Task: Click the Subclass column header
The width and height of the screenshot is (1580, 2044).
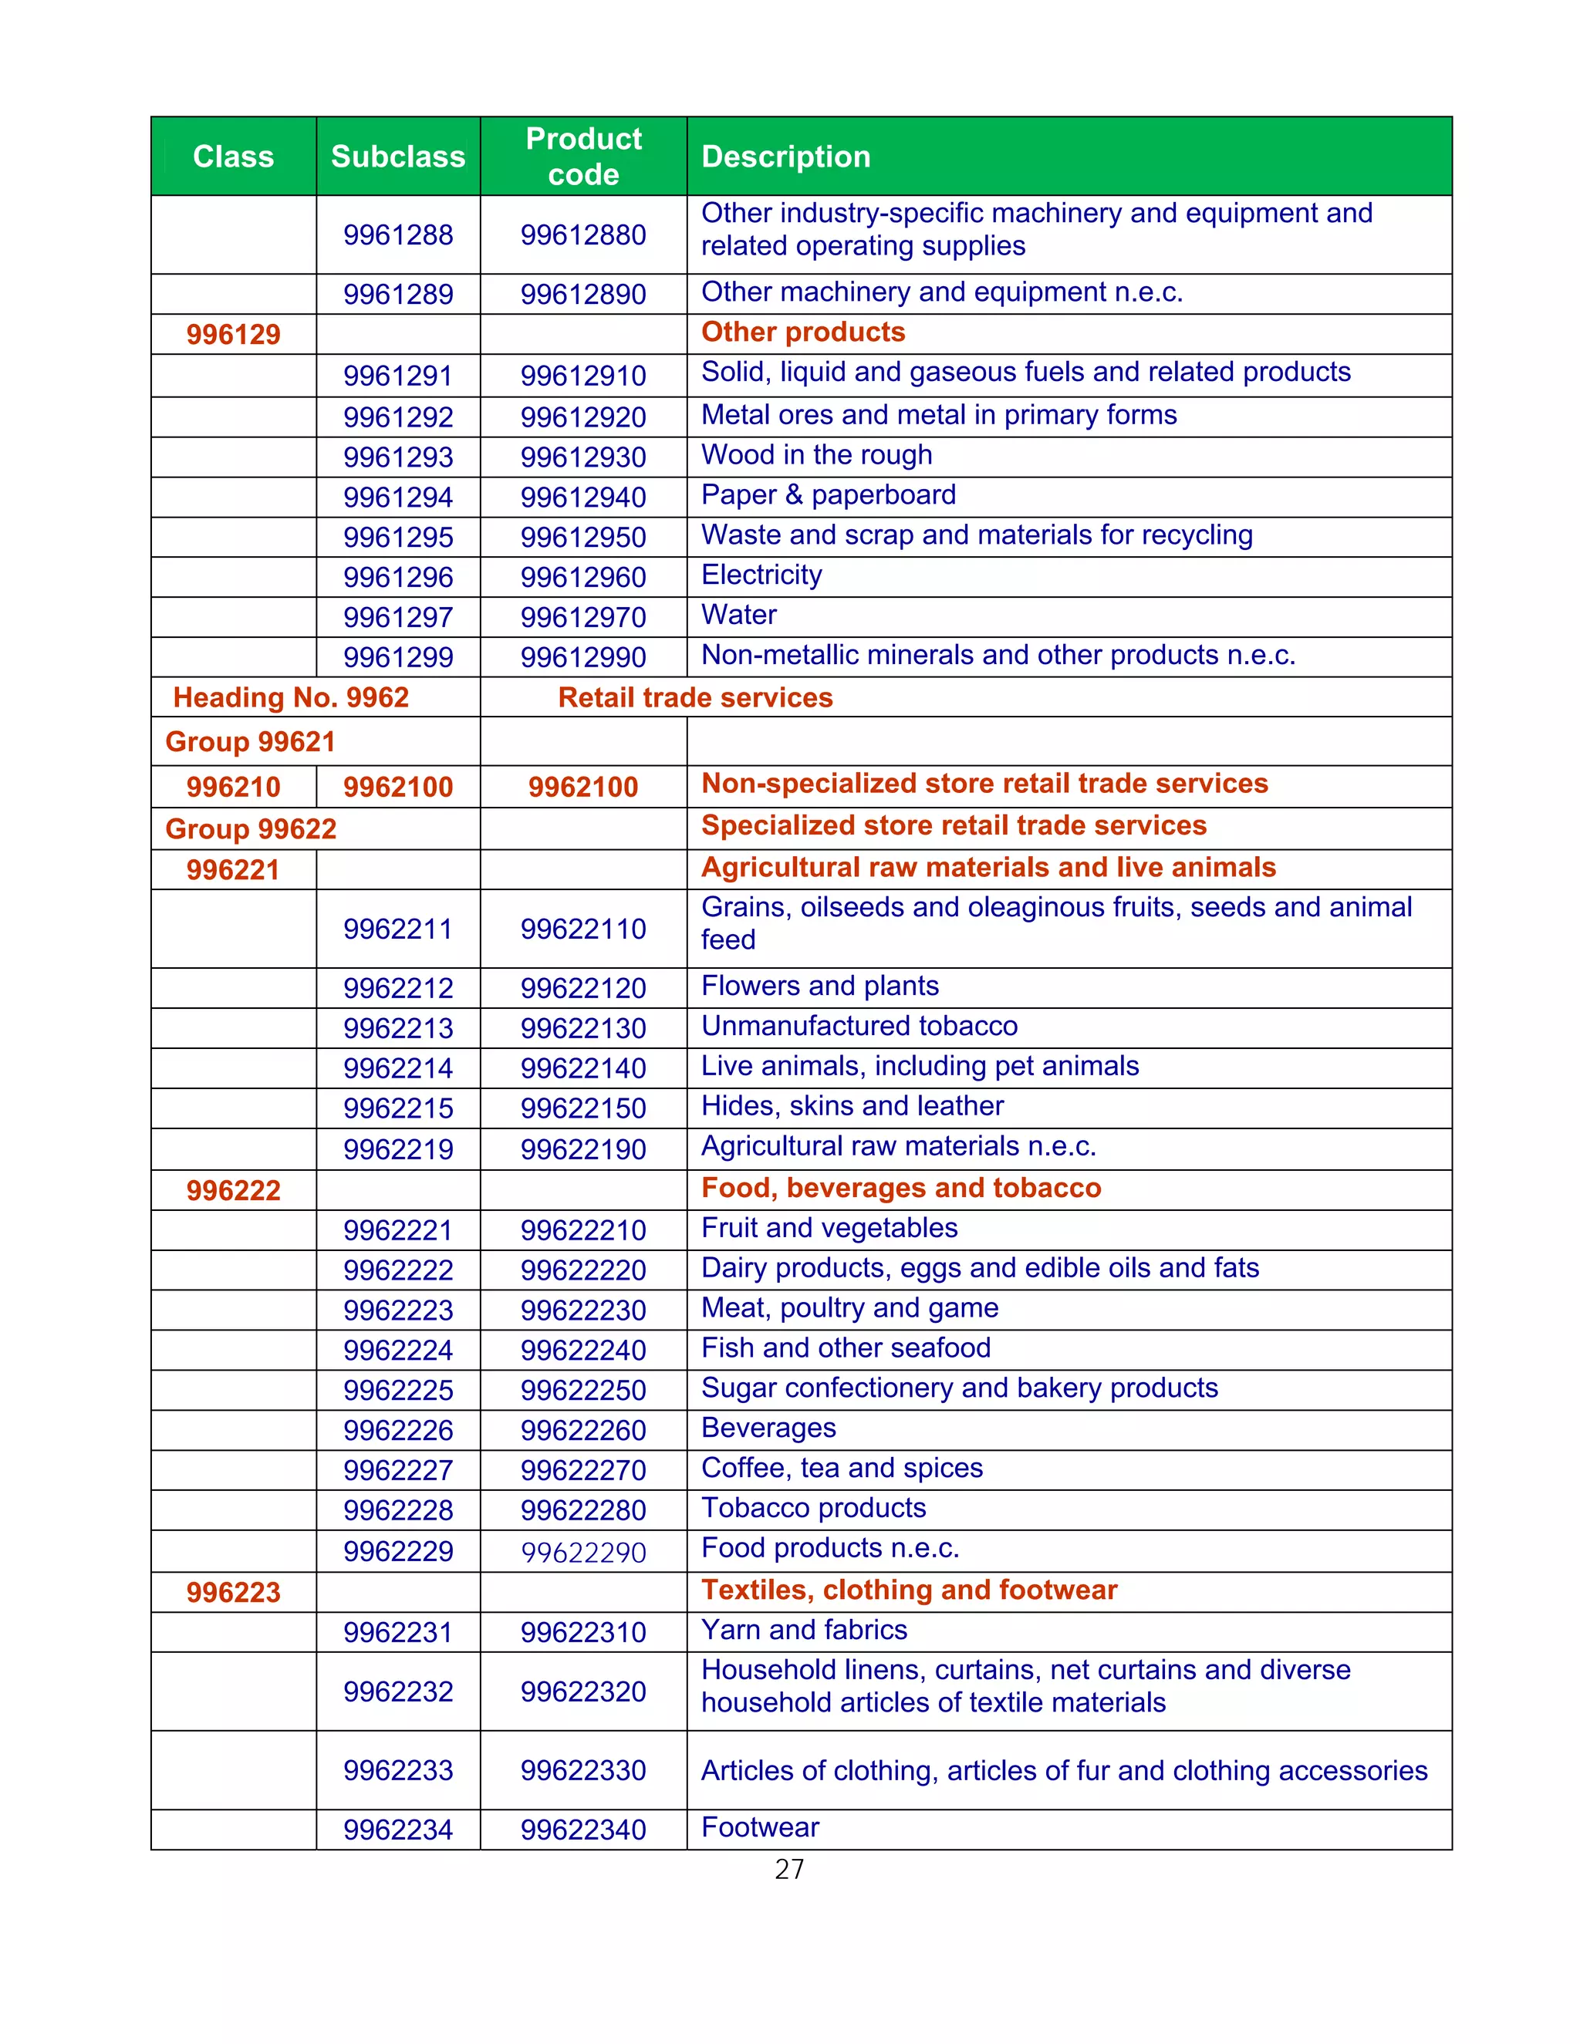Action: pos(398,157)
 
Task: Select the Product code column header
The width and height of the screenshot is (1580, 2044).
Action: pos(583,157)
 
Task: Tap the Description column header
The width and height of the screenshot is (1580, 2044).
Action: pos(785,157)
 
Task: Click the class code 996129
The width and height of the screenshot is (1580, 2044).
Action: pos(233,334)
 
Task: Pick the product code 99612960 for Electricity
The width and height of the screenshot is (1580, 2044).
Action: pos(583,578)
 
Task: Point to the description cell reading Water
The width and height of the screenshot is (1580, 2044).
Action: pos(738,615)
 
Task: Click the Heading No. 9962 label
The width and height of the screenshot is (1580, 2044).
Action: pos(291,697)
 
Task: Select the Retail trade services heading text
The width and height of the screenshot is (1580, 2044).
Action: pos(694,697)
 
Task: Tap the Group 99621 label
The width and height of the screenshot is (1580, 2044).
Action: pos(250,741)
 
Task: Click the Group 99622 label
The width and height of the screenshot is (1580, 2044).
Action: pos(251,829)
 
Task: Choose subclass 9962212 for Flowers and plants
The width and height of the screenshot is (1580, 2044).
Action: pos(398,988)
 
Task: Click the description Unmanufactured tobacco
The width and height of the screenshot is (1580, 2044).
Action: pos(859,1026)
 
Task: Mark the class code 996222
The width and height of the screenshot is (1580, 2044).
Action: pos(233,1190)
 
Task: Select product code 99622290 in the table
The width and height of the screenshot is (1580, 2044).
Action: pos(583,1553)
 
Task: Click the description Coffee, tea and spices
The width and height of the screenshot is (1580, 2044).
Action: pos(842,1468)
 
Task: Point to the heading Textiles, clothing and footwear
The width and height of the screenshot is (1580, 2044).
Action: pos(909,1590)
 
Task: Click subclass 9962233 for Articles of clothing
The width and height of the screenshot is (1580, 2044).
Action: pos(398,1769)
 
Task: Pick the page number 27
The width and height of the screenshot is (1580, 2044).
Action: pos(789,1869)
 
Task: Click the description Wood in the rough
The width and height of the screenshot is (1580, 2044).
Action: pos(816,455)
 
